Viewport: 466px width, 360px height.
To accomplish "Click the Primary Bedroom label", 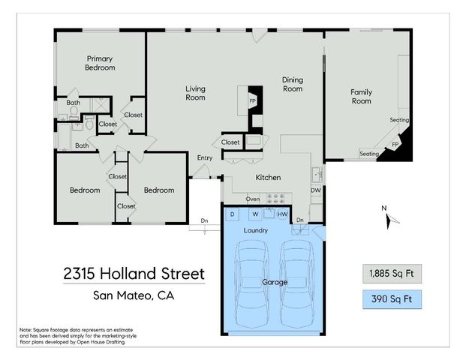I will (x=100, y=63).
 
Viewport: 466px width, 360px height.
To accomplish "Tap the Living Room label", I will (x=195, y=93).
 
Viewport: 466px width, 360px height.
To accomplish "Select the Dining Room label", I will (x=292, y=84).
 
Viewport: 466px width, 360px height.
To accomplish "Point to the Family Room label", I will (x=361, y=97).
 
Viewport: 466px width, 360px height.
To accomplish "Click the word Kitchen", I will (x=268, y=178).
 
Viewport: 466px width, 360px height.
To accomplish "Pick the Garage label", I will (x=273, y=283).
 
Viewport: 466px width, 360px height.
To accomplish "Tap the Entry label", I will (x=205, y=157).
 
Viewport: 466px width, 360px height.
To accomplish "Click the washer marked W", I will (x=255, y=214).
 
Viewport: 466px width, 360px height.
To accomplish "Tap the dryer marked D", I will (x=233, y=214).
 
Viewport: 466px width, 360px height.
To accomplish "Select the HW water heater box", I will (x=281, y=214).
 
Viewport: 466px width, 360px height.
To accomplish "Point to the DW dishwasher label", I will (x=316, y=190).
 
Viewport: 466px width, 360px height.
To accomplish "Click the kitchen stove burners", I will (x=278, y=199).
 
